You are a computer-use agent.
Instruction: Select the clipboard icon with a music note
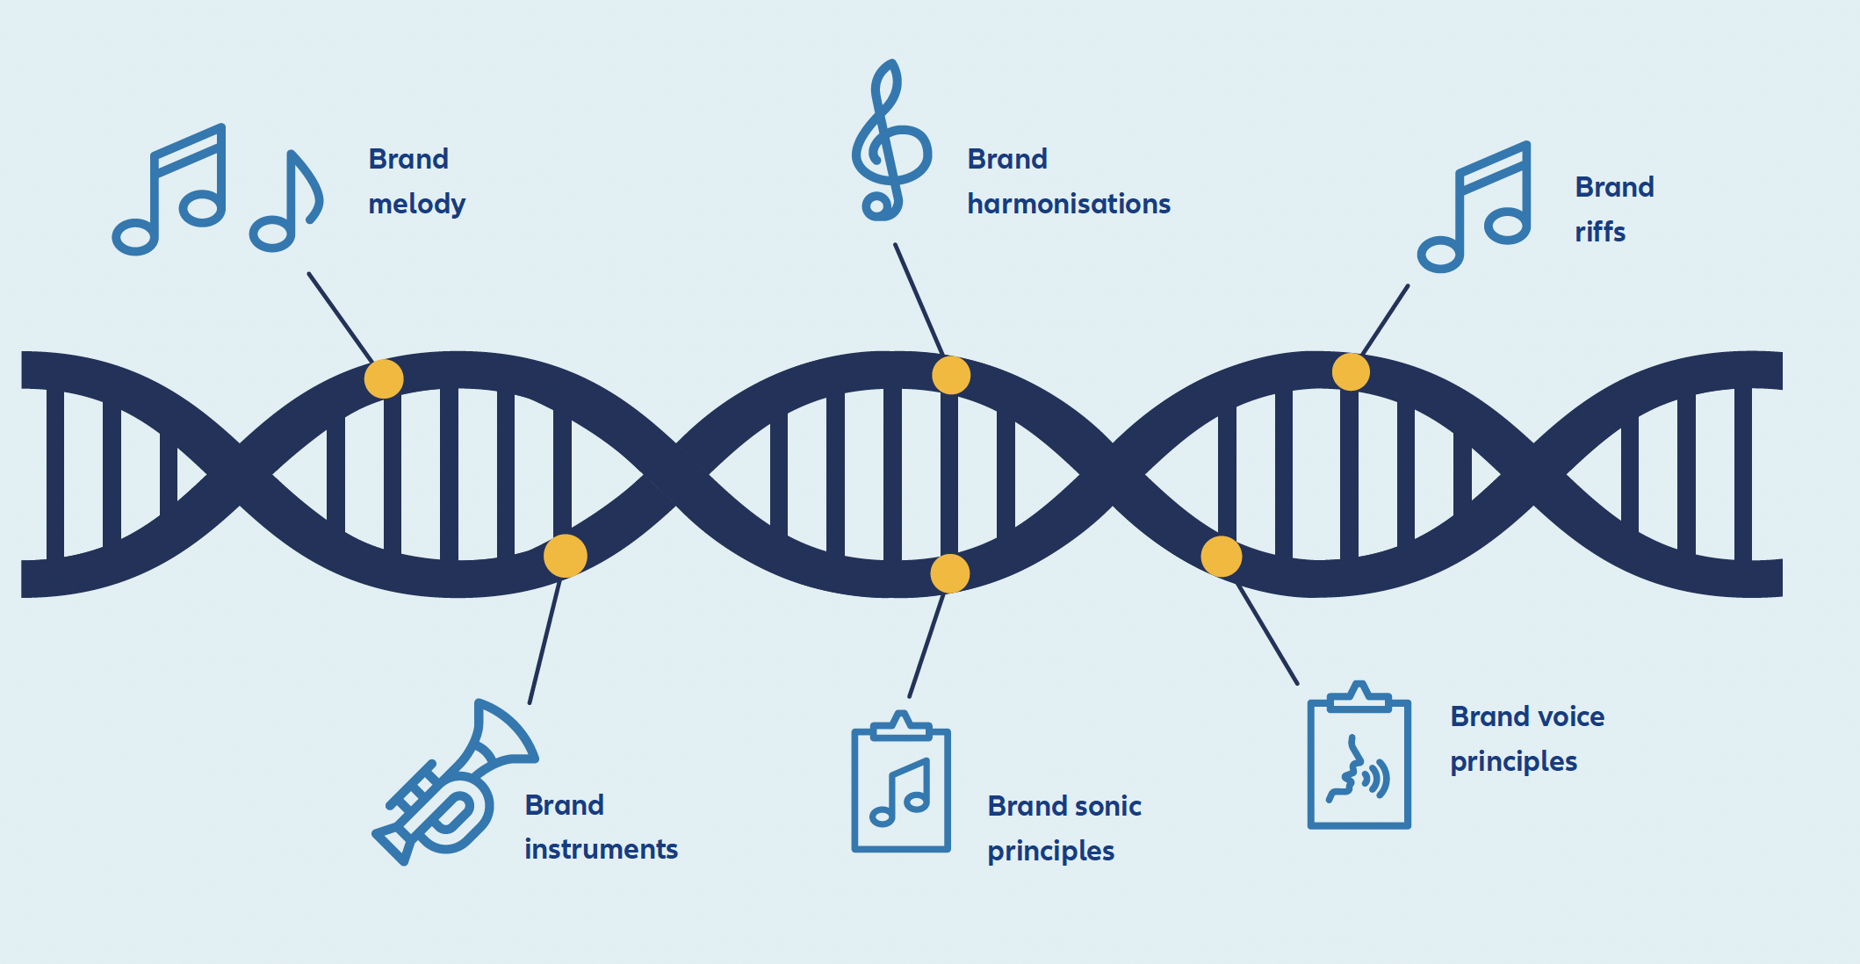click(901, 782)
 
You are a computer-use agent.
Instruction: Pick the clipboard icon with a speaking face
click(1359, 758)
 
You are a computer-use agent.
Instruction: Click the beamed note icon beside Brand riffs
click(1476, 208)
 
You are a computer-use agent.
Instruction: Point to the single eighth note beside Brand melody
click(286, 202)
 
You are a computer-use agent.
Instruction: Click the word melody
click(416, 205)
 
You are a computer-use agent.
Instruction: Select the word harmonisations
click(1068, 205)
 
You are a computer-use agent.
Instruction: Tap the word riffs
click(1599, 233)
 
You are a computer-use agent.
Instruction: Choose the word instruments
click(601, 850)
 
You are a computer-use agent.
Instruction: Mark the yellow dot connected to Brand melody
click(384, 378)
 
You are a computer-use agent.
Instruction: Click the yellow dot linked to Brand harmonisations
click(951, 375)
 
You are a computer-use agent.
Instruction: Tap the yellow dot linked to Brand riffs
click(1351, 371)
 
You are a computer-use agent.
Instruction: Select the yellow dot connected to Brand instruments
click(565, 556)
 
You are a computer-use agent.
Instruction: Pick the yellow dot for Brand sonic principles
click(949, 573)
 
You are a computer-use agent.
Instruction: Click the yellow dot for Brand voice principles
click(1221, 556)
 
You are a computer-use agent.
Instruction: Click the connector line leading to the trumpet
click(544, 641)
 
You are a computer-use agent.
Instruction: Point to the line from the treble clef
click(919, 299)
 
